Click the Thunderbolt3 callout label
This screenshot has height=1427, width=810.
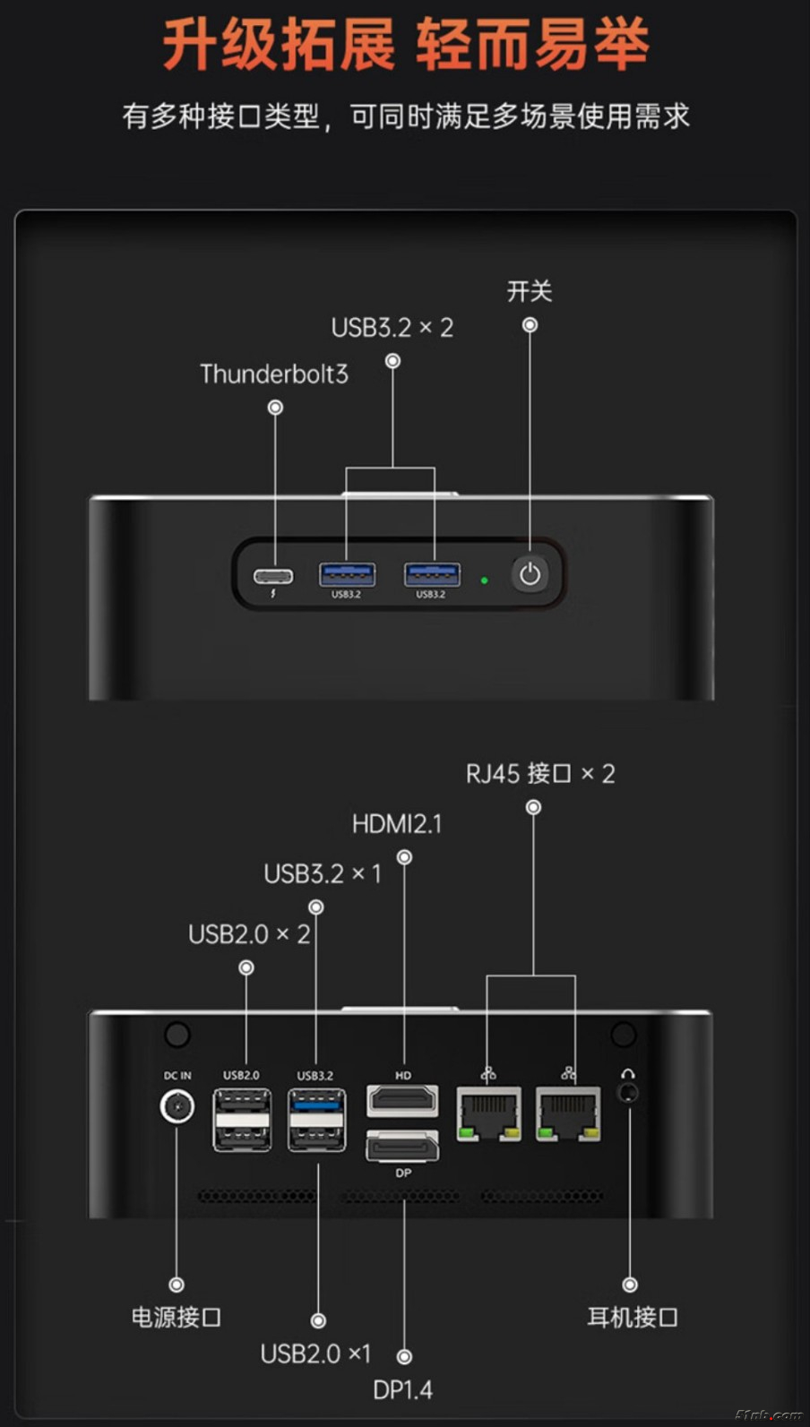[273, 374]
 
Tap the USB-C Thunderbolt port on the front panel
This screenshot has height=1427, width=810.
[273, 575]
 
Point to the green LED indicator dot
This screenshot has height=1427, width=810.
[485, 580]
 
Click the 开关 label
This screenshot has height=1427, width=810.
[530, 291]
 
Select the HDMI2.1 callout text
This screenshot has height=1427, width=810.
[397, 824]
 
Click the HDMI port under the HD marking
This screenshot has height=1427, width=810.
[402, 1099]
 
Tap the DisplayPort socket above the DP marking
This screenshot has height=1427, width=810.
[402, 1145]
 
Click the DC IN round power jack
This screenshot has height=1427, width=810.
[177, 1106]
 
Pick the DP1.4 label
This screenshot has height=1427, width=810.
[402, 1390]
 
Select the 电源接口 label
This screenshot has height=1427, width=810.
[176, 1317]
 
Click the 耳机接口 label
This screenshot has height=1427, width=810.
[632, 1317]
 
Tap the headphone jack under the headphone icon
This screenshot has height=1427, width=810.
[629, 1093]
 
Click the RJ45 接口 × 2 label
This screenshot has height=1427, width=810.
[540, 774]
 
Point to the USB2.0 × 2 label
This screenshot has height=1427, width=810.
[249, 934]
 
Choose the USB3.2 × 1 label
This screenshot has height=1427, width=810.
[323, 873]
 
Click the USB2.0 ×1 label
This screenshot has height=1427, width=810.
[315, 1354]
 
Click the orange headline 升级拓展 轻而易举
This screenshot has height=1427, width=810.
[405, 45]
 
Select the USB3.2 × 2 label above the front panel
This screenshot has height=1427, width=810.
[392, 328]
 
